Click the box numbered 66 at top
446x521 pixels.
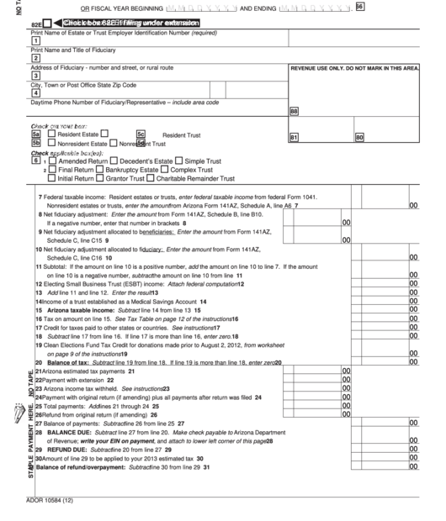[x=360, y=7]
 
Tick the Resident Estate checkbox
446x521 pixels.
[x=52, y=134]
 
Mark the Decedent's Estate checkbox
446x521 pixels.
[x=114, y=161]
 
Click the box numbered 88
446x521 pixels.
[x=294, y=110]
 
